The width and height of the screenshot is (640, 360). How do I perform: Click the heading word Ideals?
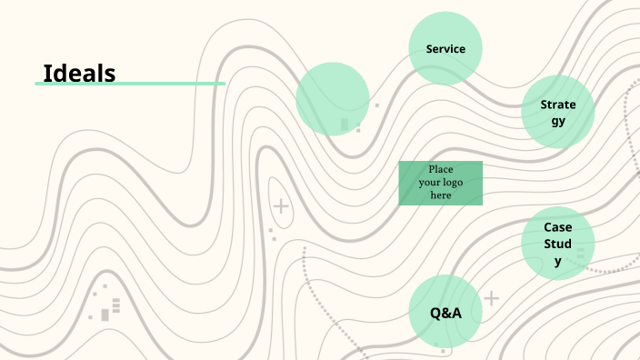coord(79,73)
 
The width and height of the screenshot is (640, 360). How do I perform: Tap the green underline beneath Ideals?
coord(130,84)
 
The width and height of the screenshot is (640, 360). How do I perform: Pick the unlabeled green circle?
coord(333,98)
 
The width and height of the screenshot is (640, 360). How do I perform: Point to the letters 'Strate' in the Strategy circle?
coord(558,105)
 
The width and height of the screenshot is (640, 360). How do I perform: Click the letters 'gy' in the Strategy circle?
coord(558,119)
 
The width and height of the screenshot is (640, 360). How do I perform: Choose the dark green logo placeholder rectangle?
coord(441,183)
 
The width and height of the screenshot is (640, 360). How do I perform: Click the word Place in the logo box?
coord(441,170)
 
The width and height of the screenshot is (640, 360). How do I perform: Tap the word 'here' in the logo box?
coord(441,195)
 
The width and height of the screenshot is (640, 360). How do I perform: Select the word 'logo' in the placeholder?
coord(452,183)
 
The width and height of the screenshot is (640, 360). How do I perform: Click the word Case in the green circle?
coord(558,227)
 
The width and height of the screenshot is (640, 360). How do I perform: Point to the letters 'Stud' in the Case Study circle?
coord(558,244)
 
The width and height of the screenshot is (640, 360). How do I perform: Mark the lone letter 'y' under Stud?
coord(558,261)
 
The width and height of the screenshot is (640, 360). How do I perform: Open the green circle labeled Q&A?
coord(445,312)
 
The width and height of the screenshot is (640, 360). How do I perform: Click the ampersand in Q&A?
coord(446,313)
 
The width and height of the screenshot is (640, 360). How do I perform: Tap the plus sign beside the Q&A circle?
coord(492,297)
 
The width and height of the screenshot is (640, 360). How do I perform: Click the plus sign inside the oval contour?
coord(282,206)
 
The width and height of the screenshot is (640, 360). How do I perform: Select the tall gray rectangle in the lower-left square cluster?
coord(105,315)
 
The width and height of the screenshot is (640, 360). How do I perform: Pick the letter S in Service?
coord(429,48)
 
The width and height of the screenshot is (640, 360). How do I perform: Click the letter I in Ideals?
coord(47,73)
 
